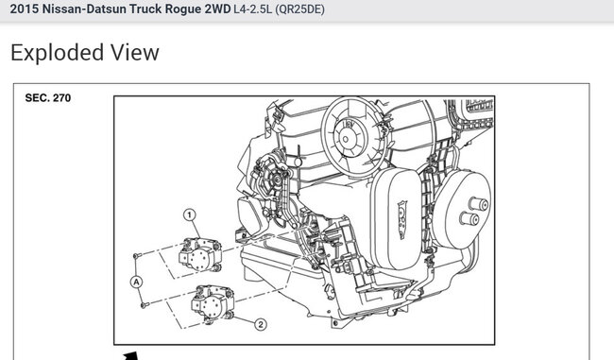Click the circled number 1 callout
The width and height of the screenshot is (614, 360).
point(190,214)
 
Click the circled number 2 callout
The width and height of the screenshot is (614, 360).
point(261,324)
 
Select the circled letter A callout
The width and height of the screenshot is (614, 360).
point(136,282)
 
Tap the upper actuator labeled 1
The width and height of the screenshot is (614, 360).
point(200,254)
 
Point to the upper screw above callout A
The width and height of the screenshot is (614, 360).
point(136,256)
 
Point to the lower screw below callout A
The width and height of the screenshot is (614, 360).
point(145,304)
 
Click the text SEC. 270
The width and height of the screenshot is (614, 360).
point(48,98)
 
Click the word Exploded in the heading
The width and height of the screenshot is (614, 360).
point(58,53)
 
